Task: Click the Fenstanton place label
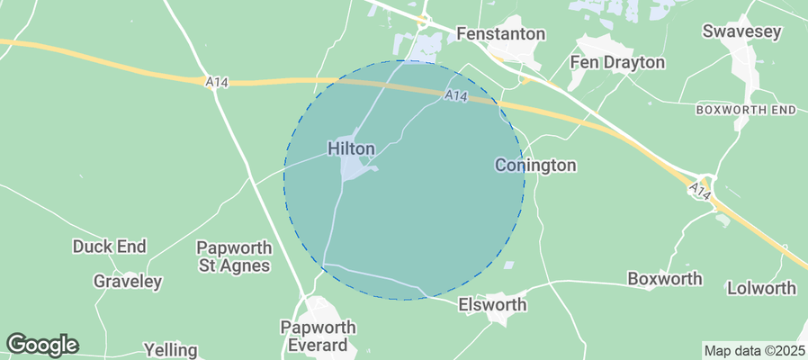pyautogui.click(x=501, y=33)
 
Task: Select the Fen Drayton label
pyautogui.click(x=618, y=62)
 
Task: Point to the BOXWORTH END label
pyautogui.click(x=747, y=109)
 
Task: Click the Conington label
pyautogui.click(x=535, y=166)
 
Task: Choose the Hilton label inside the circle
pyautogui.click(x=352, y=148)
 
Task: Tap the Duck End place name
pyautogui.click(x=109, y=246)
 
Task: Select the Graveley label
pyautogui.click(x=128, y=282)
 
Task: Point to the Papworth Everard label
pyautogui.click(x=319, y=336)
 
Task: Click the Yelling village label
pyautogui.click(x=170, y=349)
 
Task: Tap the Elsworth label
pyautogui.click(x=492, y=305)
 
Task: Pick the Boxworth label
pyautogui.click(x=665, y=279)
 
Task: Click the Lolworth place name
pyautogui.click(x=761, y=288)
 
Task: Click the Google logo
pyautogui.click(x=41, y=344)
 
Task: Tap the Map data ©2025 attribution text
pyautogui.click(x=753, y=350)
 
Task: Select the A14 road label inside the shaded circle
pyautogui.click(x=455, y=94)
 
